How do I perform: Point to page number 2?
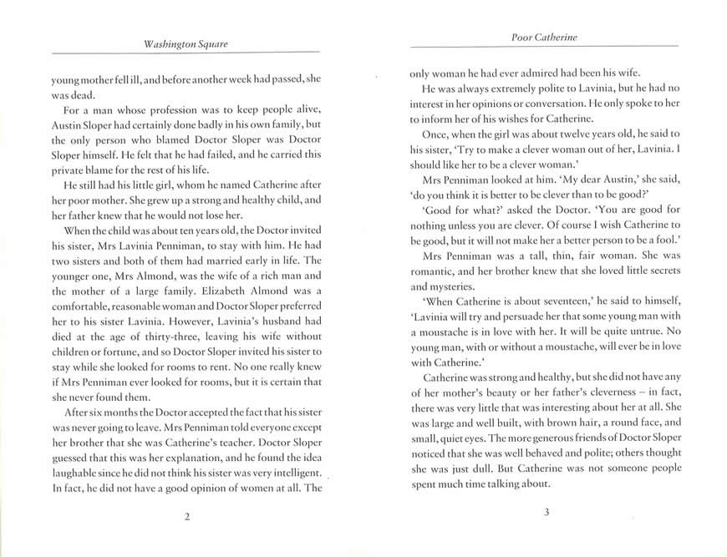point(187,517)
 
